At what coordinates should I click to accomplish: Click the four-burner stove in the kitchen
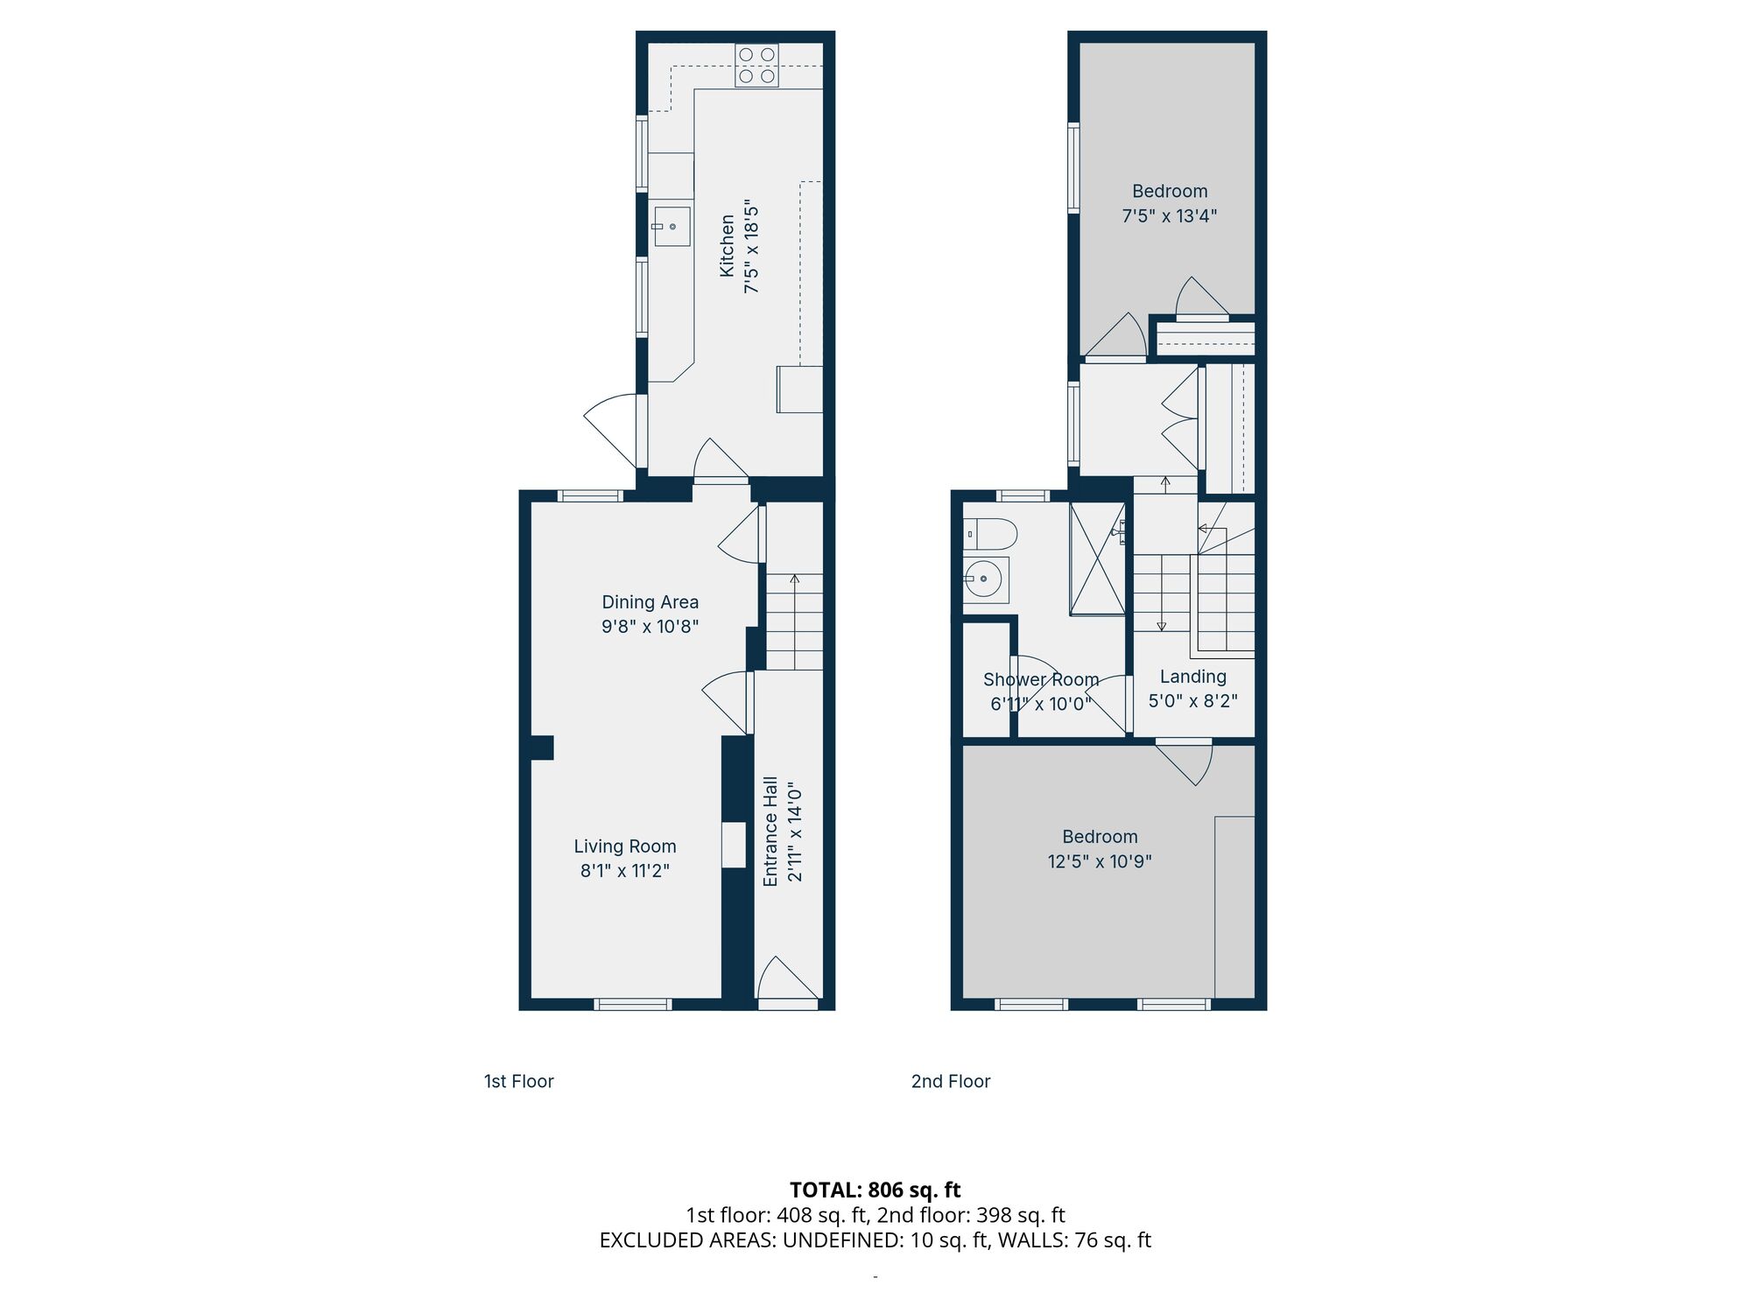[756, 66]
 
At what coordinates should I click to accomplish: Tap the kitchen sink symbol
[672, 227]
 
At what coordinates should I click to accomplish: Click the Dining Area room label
[650, 602]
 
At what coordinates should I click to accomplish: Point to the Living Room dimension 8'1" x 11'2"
[624, 871]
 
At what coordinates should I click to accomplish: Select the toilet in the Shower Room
[990, 533]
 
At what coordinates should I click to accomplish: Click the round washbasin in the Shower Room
[985, 579]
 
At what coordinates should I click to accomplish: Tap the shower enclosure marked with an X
[1097, 558]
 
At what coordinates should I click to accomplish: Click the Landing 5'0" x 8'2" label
[1192, 689]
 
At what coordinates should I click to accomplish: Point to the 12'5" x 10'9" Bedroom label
[1100, 849]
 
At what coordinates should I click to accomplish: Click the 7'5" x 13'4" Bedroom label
[1170, 203]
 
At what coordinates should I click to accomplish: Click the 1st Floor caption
[518, 1082]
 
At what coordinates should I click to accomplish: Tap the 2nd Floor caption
[950, 1082]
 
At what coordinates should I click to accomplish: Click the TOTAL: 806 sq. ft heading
[875, 1190]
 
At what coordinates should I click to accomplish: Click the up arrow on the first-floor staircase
[794, 580]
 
